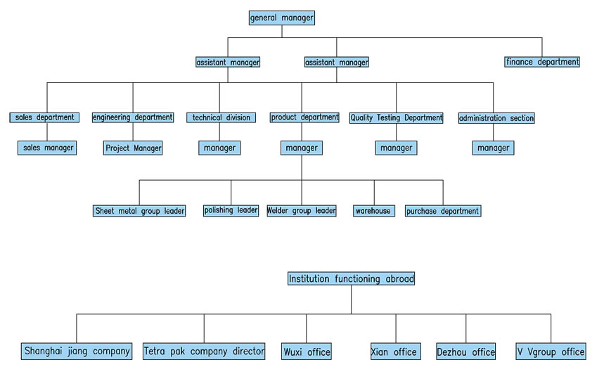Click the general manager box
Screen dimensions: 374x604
click(282, 18)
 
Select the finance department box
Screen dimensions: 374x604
click(542, 62)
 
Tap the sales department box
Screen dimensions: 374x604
click(44, 117)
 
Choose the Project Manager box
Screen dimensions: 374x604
click(133, 148)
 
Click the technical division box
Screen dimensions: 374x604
click(221, 117)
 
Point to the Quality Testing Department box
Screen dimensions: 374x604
click(396, 117)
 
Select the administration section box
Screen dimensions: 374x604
click(496, 118)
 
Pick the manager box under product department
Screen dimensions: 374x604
click(302, 148)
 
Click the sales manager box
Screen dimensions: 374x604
click(46, 148)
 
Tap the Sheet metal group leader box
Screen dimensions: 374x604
click(139, 210)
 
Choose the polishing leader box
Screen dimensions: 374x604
click(231, 210)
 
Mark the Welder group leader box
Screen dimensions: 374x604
click(301, 210)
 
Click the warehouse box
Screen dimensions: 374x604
click(373, 210)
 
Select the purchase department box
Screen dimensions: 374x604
click(443, 211)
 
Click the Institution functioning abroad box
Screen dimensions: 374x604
click(351, 278)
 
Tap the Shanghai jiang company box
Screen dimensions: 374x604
click(77, 351)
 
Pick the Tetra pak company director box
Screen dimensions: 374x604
click(204, 351)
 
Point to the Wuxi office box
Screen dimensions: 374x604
click(307, 352)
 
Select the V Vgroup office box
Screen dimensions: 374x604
click(551, 352)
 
